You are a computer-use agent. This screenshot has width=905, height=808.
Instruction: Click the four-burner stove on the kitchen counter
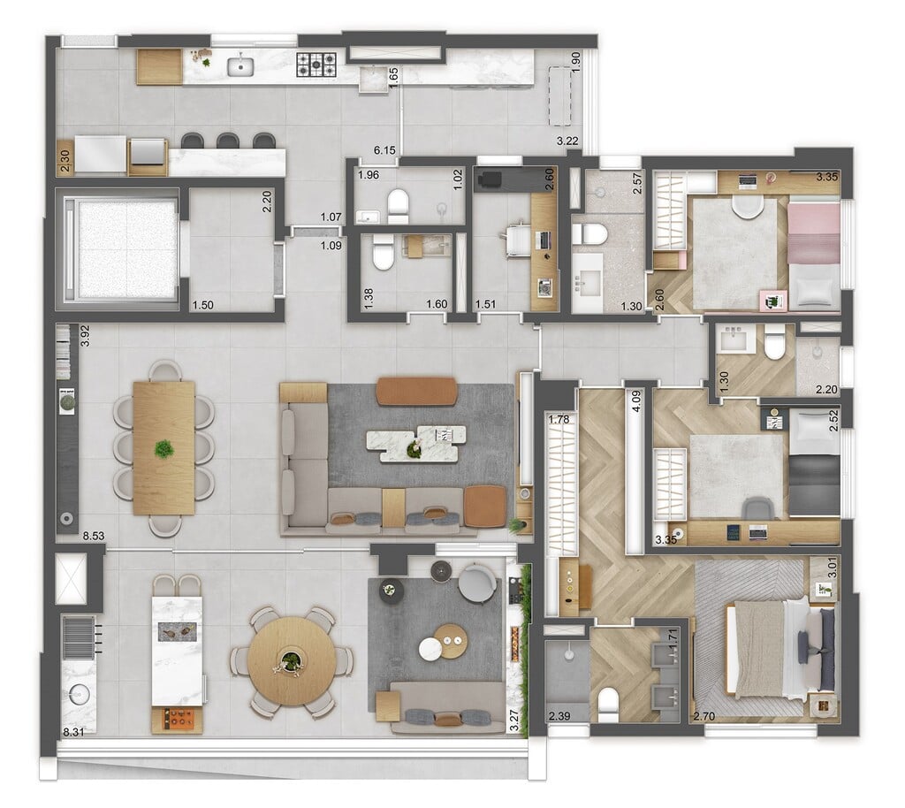316,63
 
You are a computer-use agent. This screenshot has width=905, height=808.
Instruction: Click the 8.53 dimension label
92,537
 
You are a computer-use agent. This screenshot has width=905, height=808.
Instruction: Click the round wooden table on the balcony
291,659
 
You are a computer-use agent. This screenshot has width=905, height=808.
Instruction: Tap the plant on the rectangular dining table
164,448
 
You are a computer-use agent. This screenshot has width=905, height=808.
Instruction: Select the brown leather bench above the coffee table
416,392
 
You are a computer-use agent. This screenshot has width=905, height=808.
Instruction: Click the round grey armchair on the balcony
477,582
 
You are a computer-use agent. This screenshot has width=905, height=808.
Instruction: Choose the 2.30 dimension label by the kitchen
65,158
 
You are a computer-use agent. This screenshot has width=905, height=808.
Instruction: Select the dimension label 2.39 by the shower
559,717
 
